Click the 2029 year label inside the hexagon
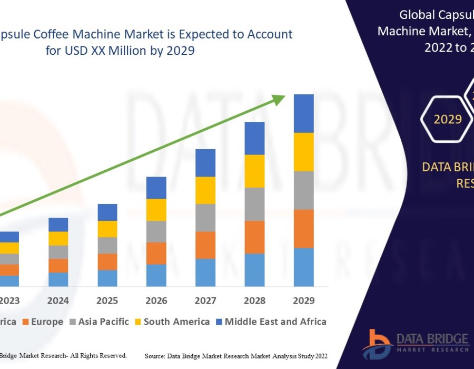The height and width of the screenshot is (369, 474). (448, 119)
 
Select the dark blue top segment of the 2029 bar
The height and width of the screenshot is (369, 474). (303, 113)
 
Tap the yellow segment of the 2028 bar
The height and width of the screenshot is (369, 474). (254, 171)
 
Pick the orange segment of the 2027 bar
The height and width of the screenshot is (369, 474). (205, 245)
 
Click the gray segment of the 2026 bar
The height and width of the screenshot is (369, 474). (156, 231)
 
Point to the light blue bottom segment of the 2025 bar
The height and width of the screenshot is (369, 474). (107, 278)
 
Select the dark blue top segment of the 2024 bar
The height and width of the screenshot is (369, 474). (58, 225)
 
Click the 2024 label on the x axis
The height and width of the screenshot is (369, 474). (58, 300)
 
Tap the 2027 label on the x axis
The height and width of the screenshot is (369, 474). (205, 300)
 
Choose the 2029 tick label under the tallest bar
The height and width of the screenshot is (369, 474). (303, 300)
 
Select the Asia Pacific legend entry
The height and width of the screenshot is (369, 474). (103, 322)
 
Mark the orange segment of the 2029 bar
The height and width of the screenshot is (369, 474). (303, 229)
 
